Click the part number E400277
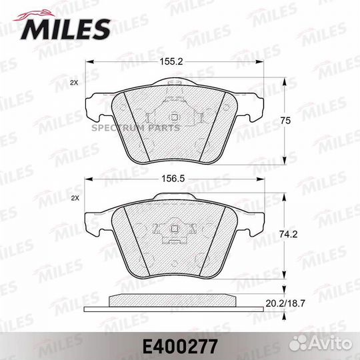(179, 343)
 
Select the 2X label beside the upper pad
(75, 83)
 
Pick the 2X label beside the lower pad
(75, 199)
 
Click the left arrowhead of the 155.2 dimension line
(89, 62)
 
